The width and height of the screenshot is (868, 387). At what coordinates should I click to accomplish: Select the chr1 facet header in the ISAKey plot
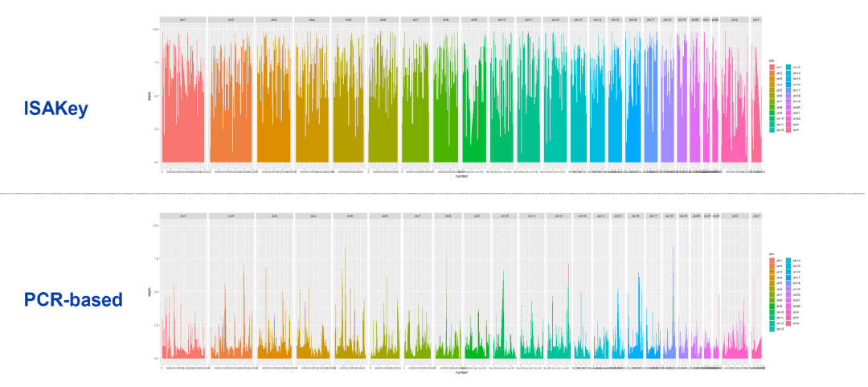183,19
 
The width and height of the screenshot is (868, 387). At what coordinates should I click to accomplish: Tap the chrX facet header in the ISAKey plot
735,19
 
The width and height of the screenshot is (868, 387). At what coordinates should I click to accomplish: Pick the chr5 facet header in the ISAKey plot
349,19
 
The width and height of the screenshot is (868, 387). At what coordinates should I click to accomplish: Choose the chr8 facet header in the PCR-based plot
448,216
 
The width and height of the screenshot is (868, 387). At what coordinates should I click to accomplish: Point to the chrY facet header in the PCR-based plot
756,216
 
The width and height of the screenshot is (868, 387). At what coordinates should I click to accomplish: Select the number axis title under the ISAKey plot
461,175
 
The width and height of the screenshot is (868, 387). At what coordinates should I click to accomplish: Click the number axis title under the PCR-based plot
461,372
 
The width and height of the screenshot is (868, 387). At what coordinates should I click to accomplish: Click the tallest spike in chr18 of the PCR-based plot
673,247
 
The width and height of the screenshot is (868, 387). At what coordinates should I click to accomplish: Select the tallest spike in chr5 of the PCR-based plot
345,249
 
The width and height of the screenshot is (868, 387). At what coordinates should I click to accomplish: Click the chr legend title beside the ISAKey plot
771,60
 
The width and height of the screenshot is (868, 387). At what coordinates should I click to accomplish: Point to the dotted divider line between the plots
434,193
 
